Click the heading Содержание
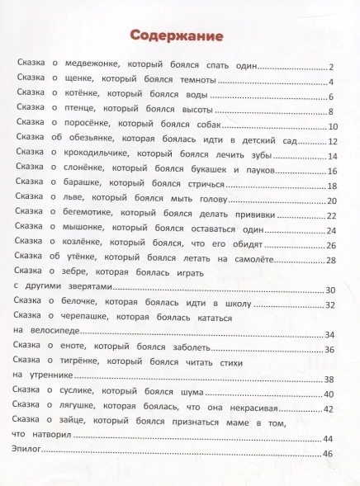(x=178, y=35)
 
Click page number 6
(x=329, y=97)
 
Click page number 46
(x=327, y=454)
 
